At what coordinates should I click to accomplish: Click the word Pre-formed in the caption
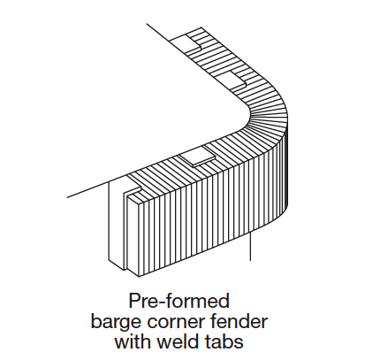(x=179, y=302)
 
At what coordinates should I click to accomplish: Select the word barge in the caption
(x=116, y=323)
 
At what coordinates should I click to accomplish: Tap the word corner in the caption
(x=176, y=322)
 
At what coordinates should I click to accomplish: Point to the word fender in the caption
(x=239, y=321)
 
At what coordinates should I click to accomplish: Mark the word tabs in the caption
(x=223, y=341)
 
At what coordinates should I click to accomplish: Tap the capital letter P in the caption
(x=134, y=301)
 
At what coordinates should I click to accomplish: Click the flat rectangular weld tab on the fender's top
(x=198, y=157)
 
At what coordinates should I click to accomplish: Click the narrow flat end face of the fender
(x=133, y=236)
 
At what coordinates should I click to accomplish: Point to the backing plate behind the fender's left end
(x=117, y=224)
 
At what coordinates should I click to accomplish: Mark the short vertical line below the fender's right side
(x=250, y=246)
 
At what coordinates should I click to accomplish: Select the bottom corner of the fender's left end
(x=139, y=277)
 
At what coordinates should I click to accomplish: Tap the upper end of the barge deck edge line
(x=147, y=24)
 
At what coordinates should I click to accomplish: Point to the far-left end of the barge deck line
(x=67, y=197)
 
